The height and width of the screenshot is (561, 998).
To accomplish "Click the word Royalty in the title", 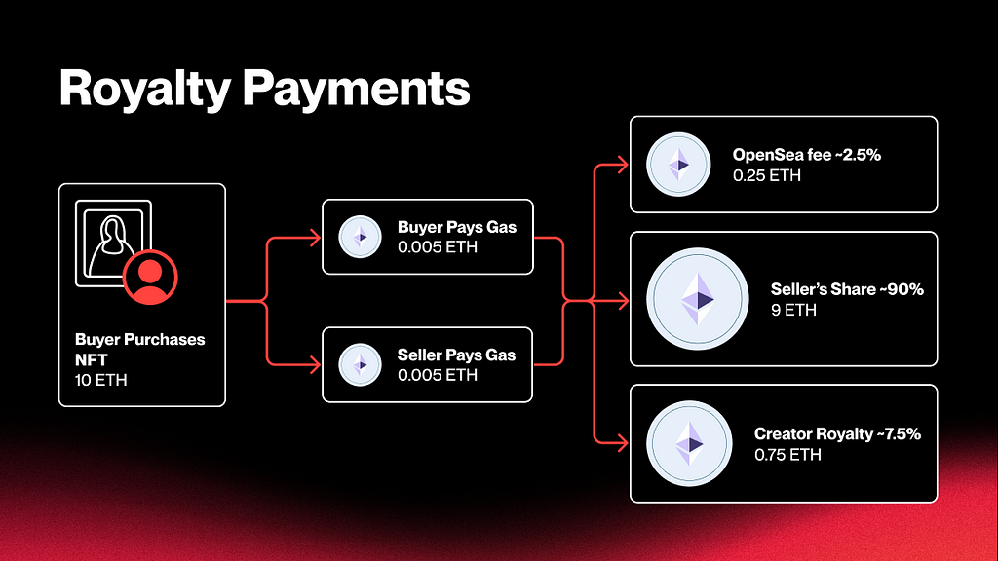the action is [145, 89].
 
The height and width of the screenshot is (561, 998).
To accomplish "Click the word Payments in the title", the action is [357, 89].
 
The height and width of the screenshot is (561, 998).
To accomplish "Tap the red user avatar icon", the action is [150, 278].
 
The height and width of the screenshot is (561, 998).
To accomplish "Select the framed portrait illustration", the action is [113, 243].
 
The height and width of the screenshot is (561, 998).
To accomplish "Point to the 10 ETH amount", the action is [100, 381].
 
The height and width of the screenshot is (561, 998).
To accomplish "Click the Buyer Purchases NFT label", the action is [140, 350].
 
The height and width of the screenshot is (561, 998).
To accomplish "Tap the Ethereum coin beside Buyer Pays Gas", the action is [361, 237].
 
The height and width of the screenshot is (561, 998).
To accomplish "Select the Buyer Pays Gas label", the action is [457, 227].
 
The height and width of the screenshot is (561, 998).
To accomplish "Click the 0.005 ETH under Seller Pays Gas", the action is [438, 375].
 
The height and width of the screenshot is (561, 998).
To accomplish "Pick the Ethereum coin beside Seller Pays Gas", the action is [361, 364].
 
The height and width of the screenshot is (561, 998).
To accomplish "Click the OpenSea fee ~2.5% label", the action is [806, 155].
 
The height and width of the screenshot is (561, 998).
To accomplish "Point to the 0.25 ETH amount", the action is [766, 175].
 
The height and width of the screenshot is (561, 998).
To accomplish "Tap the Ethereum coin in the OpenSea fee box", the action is [678, 164].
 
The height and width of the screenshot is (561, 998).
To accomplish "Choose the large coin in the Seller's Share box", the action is [698, 299].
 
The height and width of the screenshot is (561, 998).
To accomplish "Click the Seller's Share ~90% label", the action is [847, 289].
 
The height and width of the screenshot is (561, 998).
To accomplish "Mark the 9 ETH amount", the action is [793, 311].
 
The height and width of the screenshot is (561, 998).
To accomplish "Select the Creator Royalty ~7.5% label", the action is [837, 433].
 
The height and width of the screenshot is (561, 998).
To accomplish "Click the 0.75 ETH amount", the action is [787, 455].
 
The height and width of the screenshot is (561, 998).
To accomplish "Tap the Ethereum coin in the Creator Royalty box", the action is [689, 443].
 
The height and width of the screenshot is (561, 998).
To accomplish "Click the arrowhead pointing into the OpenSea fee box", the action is [623, 165].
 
